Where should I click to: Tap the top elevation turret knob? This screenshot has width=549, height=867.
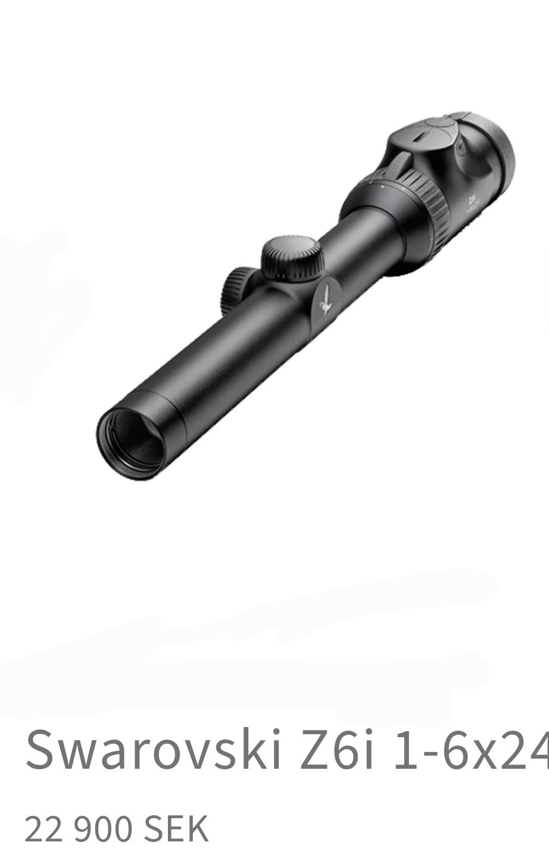[292, 257]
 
